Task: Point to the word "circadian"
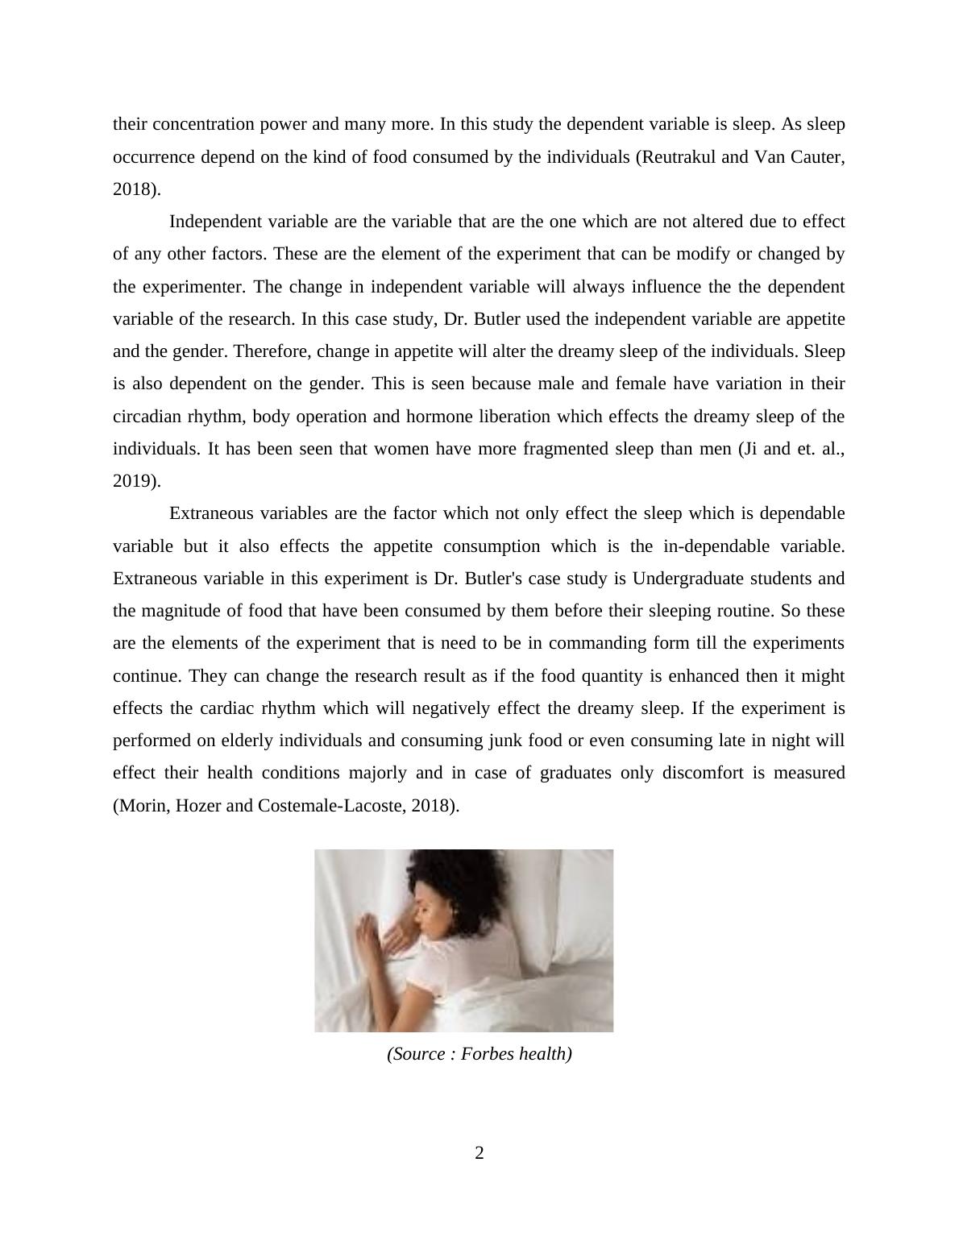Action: point(147,417)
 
